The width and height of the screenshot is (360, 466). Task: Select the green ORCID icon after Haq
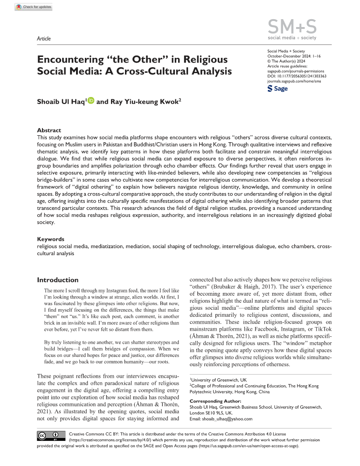coord(90,100)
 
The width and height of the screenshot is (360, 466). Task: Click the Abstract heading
coord(48,130)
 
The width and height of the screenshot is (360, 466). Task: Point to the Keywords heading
coord(50,238)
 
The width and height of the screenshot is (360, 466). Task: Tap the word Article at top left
coord(43,38)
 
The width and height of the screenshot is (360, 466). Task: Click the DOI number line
coord(296,76)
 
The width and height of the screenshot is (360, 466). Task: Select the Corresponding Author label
coord(215,401)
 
